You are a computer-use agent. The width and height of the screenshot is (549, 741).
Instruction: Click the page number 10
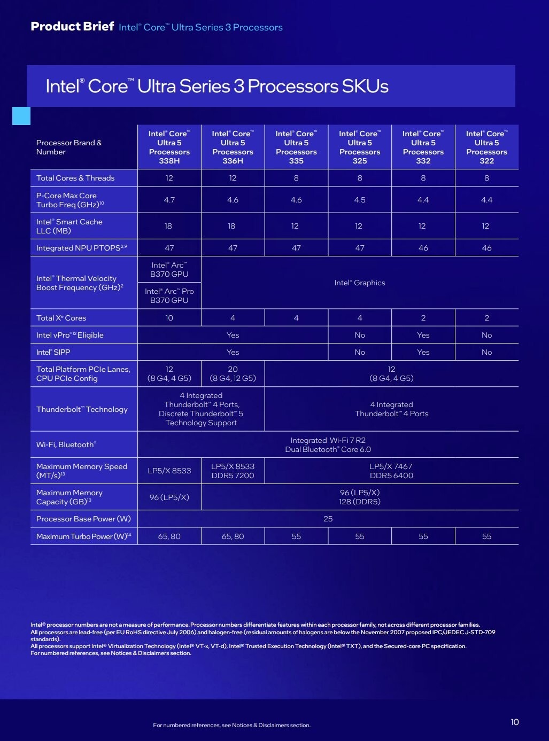click(x=514, y=722)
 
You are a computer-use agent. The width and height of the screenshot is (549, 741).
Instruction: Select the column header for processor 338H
click(x=169, y=147)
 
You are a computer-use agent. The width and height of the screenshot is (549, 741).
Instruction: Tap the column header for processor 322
click(x=486, y=147)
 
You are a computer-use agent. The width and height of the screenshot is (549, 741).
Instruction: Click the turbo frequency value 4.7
click(x=169, y=200)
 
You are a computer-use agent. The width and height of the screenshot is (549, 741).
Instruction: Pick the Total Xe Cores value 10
click(x=169, y=318)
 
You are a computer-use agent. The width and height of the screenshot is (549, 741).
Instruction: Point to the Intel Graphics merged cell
click(x=359, y=283)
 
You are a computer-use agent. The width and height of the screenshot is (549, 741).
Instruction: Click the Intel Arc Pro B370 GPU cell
click(x=169, y=296)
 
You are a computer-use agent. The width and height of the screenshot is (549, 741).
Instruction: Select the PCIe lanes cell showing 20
click(x=233, y=373)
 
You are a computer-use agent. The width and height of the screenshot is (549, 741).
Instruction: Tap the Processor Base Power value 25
click(x=328, y=519)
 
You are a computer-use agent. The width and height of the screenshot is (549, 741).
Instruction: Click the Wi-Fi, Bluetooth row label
click(x=66, y=444)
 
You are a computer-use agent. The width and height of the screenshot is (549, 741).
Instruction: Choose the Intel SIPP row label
click(x=53, y=352)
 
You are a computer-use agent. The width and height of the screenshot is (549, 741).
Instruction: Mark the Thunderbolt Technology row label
click(x=82, y=409)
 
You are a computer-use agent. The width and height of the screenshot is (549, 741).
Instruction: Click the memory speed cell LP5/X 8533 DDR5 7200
click(x=233, y=471)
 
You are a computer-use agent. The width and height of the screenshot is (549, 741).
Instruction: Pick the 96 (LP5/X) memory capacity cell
click(x=169, y=497)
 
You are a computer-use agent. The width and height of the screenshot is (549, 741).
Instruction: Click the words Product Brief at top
click(x=72, y=27)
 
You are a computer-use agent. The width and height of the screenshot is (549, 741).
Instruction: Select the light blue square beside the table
click(x=21, y=116)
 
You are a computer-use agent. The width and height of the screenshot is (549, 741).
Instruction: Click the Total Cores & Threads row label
click(x=75, y=178)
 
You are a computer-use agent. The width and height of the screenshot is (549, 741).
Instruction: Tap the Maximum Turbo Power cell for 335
click(x=296, y=536)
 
